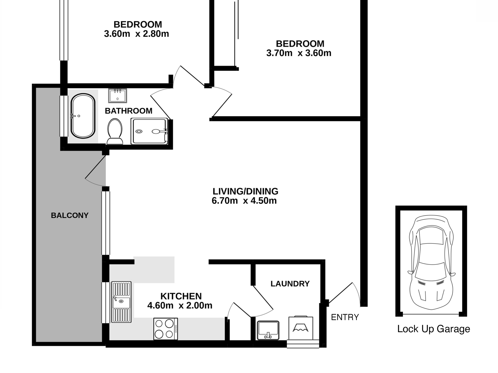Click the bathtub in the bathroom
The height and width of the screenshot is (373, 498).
(x=83, y=116)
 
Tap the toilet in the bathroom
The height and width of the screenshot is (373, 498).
(x=115, y=131)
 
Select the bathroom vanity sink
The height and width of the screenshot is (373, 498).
(x=117, y=96)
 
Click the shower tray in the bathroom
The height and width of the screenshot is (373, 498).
(x=149, y=131)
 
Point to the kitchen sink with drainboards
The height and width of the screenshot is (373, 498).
(x=121, y=302)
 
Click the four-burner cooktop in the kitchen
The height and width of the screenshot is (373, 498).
(x=166, y=329)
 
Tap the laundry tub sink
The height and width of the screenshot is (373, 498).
(x=268, y=330)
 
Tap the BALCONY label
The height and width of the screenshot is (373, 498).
(x=70, y=215)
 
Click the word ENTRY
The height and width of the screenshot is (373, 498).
(x=345, y=317)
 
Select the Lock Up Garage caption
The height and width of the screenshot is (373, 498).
(x=434, y=329)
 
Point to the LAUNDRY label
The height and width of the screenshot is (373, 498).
(x=290, y=284)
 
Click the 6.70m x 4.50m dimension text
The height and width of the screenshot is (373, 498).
(x=244, y=201)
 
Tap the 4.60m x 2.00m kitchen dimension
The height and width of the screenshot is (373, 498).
(x=180, y=305)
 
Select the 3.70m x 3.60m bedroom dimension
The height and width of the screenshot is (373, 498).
(x=299, y=53)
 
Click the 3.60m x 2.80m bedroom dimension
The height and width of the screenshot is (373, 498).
(x=136, y=34)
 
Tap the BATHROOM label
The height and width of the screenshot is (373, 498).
(x=129, y=111)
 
